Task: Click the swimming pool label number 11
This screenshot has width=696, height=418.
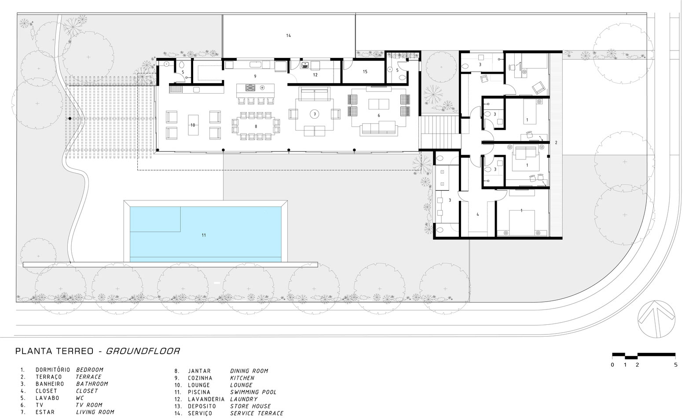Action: tap(204, 235)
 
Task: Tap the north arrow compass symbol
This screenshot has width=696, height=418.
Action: tap(656, 319)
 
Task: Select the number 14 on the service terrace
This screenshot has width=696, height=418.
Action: tap(289, 36)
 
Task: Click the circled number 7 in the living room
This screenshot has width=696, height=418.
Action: tap(315, 114)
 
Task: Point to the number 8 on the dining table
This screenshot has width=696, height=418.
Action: tap(256, 127)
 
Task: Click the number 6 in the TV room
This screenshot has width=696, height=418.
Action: tap(379, 116)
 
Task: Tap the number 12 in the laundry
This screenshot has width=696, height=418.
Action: tap(315, 75)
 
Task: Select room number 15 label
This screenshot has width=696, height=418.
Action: tap(365, 72)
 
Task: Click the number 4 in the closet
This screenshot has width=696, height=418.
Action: tap(478, 214)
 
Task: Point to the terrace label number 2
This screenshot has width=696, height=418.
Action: tap(556, 143)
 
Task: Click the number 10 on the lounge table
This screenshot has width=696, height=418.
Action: tap(193, 125)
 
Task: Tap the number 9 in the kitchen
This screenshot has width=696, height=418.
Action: tap(255, 76)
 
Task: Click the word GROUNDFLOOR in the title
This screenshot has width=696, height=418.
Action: tap(143, 351)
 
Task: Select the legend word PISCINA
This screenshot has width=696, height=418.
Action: tap(199, 392)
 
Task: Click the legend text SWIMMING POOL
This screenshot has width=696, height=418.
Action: tap(253, 392)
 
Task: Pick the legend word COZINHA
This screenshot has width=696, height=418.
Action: tap(200, 378)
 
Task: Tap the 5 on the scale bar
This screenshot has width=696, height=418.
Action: tap(676, 365)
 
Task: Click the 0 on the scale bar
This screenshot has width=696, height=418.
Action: tap(612, 365)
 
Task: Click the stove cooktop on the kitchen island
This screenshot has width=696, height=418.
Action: tap(250, 88)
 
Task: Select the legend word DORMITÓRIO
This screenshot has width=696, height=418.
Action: tap(53, 370)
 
